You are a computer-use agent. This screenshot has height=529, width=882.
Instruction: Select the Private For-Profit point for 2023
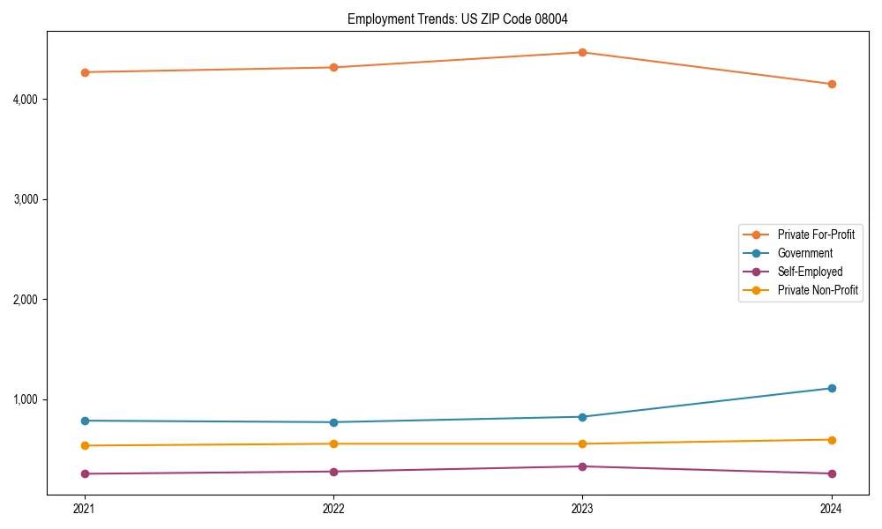click(x=582, y=52)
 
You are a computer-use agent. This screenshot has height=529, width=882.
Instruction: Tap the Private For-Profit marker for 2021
click(x=85, y=72)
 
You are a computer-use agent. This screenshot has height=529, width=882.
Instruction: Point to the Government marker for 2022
click(x=333, y=422)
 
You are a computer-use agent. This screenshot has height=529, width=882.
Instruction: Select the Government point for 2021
click(x=85, y=421)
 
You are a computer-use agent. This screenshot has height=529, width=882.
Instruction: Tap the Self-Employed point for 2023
click(x=582, y=466)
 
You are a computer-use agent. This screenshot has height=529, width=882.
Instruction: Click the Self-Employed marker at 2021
click(x=85, y=473)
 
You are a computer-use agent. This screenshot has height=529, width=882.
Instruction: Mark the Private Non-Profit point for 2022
click(x=333, y=443)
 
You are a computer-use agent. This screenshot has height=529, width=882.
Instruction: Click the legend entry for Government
click(x=804, y=253)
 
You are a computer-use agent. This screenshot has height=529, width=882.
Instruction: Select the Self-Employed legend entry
click(x=810, y=272)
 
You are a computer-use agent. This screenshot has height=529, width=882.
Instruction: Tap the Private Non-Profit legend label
click(x=818, y=290)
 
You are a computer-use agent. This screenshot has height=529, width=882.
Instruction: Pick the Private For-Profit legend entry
click(x=816, y=235)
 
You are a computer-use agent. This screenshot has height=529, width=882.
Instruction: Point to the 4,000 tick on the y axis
click(x=26, y=100)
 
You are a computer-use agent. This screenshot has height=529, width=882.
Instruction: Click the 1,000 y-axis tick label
click(x=26, y=399)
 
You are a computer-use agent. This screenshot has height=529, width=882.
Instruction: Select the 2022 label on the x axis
click(x=333, y=508)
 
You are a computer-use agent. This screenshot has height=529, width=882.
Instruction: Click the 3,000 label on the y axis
click(x=26, y=199)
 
